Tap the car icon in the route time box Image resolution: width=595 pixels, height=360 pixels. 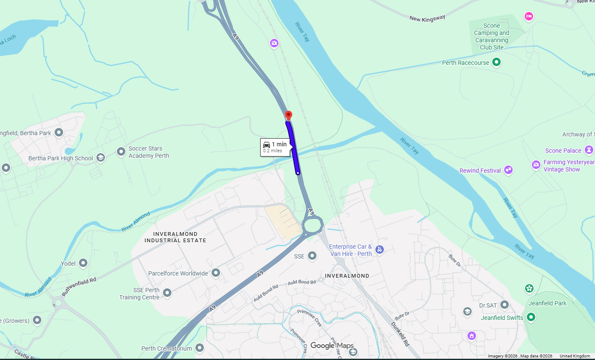pos(267,145)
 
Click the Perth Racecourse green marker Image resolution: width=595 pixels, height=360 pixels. pos(496,63)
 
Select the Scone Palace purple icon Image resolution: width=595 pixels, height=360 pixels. pos(589,150)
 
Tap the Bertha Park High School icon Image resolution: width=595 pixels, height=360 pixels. pos(101,158)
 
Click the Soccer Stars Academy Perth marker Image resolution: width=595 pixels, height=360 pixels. pos(121,151)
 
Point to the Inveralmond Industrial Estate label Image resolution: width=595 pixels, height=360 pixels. pos(175,237)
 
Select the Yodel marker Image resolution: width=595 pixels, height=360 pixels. pos(83,263)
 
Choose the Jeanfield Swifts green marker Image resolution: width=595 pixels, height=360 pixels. pos(531,317)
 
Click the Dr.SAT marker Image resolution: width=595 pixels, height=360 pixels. pos(505,305)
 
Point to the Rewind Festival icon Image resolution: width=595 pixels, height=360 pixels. pos(508,170)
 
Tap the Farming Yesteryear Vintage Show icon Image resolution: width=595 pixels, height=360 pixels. pos(536,165)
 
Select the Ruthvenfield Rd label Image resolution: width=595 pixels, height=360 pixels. pos(79,286)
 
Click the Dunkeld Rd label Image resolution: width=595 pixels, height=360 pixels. pos(400,333)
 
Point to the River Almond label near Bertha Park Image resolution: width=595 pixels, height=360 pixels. pos(136,222)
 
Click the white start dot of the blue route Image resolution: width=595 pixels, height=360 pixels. pos(298,173)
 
